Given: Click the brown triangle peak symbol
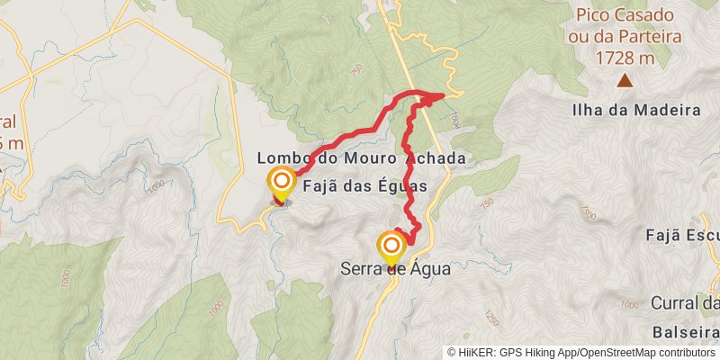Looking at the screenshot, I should [x=625, y=81].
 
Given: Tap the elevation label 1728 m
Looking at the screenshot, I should [x=628, y=58].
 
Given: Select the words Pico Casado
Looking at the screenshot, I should [x=628, y=15].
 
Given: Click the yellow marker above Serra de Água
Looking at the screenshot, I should [x=391, y=245].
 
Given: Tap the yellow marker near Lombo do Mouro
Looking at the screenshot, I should [x=281, y=181].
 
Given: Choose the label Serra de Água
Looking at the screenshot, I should [x=394, y=268].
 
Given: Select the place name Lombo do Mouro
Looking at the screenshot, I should [x=328, y=158].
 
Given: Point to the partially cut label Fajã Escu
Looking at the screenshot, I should [x=681, y=236].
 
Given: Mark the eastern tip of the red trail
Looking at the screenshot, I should [x=444, y=96].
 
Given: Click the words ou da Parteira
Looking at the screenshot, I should [x=628, y=37].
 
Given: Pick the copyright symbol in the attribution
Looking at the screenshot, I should [x=453, y=352].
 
